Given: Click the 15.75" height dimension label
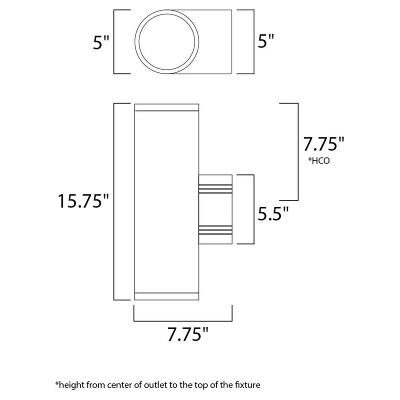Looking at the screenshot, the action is coord(83,201).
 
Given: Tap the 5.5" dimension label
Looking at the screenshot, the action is coord(273,213).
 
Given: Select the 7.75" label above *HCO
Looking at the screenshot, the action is coord(323,144).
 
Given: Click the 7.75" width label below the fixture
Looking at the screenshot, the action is coord(188,334).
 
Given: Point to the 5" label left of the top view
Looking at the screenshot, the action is coord(101,42).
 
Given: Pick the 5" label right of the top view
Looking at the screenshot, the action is coord(266,41).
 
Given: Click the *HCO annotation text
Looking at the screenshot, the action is coord(319,160).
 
